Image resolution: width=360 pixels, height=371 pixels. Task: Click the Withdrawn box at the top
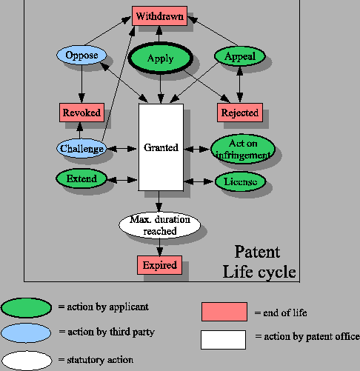click(x=159, y=16)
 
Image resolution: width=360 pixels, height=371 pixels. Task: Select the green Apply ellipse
click(x=160, y=58)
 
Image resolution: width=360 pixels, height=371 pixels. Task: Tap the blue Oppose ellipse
click(x=81, y=56)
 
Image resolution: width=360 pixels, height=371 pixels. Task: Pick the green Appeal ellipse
click(x=239, y=56)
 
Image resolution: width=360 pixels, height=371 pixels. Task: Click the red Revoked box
click(x=80, y=113)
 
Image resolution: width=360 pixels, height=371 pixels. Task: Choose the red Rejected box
click(x=240, y=113)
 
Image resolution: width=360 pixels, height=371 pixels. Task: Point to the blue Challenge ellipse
click(x=81, y=147)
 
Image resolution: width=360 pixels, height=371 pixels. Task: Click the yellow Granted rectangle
click(x=161, y=147)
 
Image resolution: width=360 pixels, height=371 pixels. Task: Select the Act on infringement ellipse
click(x=242, y=148)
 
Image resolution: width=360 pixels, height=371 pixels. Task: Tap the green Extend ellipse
click(x=81, y=179)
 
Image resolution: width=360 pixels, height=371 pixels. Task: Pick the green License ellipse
click(x=240, y=181)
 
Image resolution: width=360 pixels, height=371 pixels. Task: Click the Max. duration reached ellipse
click(x=160, y=225)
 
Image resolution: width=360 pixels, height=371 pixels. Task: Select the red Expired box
click(x=159, y=264)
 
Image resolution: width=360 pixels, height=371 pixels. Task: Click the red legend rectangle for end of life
click(x=224, y=311)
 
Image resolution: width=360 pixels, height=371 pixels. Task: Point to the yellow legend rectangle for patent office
click(x=224, y=339)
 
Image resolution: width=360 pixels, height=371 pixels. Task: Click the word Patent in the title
click(x=257, y=253)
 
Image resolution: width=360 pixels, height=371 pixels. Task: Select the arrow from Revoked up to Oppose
click(x=81, y=85)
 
